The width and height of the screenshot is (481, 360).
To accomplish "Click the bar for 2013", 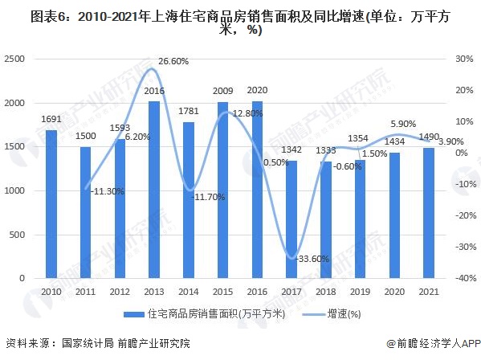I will pyautogui.click(x=154, y=189).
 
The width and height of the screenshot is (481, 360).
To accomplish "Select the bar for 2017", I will pyautogui.click(x=291, y=219).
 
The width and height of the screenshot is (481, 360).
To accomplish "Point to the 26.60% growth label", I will pyautogui.click(x=174, y=61).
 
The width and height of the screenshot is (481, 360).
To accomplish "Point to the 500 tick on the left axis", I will pyautogui.click(x=20, y=234).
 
